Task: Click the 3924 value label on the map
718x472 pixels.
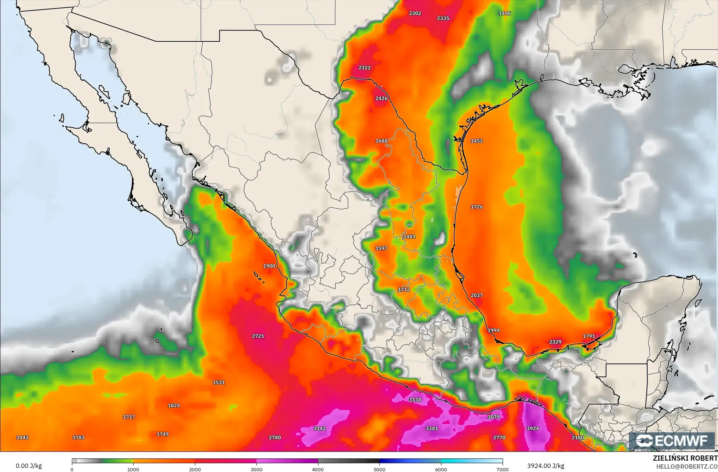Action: click(x=533, y=428)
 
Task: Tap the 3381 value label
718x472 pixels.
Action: click(x=432, y=428)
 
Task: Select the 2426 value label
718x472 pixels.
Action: click(x=382, y=98)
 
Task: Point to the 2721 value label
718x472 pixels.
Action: click(x=258, y=336)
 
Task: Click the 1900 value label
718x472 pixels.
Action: click(x=269, y=266)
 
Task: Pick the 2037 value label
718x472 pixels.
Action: click(x=477, y=295)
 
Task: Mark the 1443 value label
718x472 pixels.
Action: click(x=22, y=438)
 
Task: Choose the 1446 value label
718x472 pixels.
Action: click(x=505, y=13)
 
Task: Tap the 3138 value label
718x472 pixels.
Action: click(x=415, y=400)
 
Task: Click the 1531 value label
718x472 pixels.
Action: click(x=219, y=383)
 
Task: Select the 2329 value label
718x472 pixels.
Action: click(x=555, y=342)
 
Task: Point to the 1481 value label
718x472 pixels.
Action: click(x=409, y=237)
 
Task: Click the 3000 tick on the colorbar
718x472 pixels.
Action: click(x=256, y=469)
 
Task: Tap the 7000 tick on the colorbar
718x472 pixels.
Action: click(x=502, y=469)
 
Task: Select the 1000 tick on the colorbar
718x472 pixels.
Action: click(x=133, y=469)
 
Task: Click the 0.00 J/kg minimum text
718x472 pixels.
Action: click(x=29, y=466)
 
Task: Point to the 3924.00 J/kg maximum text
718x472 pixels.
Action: click(x=546, y=466)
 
